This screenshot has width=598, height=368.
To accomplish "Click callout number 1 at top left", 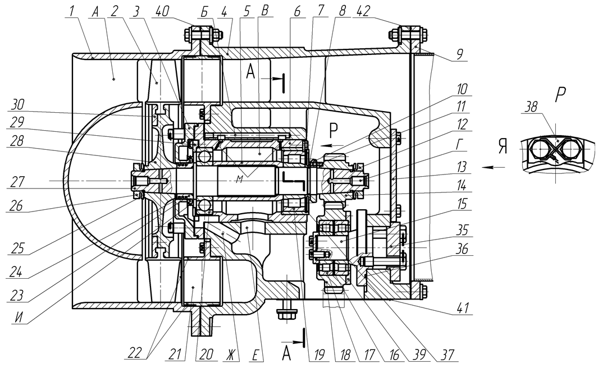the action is (71, 11).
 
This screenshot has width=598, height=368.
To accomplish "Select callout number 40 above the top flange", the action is (160, 11).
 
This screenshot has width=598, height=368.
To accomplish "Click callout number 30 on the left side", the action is (18, 104).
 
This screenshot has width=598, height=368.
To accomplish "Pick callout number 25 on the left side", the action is (17, 249).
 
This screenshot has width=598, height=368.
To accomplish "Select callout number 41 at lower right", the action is (462, 307).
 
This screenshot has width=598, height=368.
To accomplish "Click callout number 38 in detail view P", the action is (530, 108).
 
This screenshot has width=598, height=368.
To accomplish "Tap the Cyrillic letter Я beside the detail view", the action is (503, 146).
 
